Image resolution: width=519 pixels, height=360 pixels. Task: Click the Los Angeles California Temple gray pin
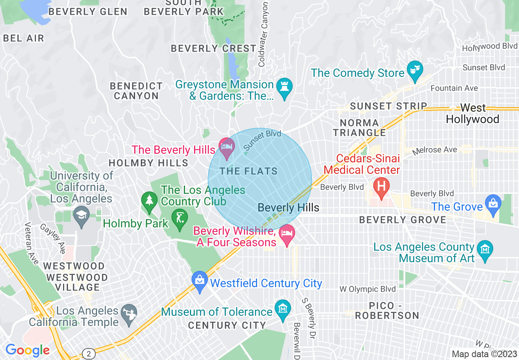[129, 314]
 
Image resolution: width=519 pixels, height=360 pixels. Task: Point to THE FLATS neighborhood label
[248, 171]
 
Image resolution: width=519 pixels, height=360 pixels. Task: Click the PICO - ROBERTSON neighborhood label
[387, 311]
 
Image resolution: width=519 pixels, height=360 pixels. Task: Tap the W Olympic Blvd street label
[368, 289]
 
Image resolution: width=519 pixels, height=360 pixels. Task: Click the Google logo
[27, 351]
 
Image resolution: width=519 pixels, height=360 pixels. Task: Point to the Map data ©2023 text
[485, 354]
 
